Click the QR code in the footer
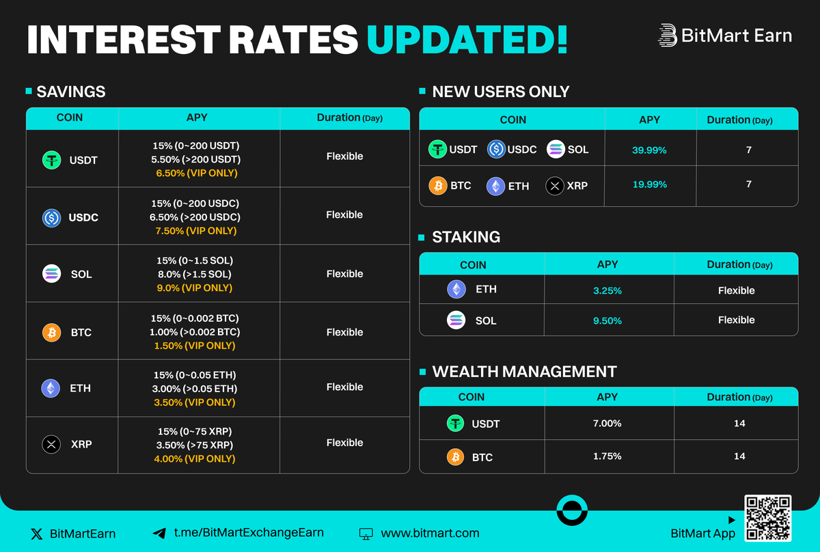[768, 519]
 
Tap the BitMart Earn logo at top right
[725, 36]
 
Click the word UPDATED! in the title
[467, 40]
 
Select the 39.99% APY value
[649, 150]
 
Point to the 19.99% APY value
[649, 184]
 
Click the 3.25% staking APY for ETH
[607, 290]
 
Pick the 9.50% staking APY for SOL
[607, 320]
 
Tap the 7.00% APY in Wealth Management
[607, 424]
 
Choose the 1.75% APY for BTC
[607, 456]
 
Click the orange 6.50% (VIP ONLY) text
[197, 174]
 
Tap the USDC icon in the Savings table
[51, 218]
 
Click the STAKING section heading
[466, 237]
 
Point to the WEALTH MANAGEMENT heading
[524, 372]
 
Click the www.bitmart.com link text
[430, 533]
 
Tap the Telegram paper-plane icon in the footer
[159, 534]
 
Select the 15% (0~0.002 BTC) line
[195, 318]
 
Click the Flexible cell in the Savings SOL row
[344, 274]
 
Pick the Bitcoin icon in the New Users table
[438, 185]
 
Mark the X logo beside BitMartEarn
[37, 534]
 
